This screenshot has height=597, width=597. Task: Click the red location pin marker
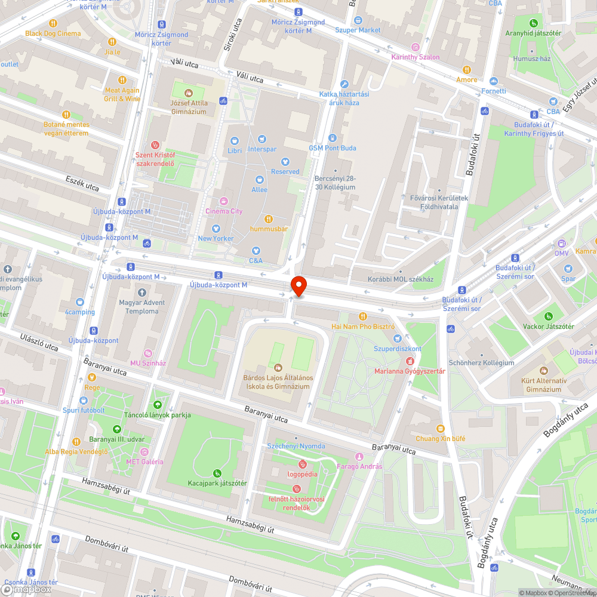[x=297, y=286]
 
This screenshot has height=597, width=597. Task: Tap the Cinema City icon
[x=224, y=201]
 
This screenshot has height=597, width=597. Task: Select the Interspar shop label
[x=262, y=149]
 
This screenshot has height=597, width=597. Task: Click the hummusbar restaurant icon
[x=269, y=219]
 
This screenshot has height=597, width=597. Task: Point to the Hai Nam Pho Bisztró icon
[x=362, y=316]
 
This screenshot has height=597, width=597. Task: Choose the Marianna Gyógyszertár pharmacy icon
[x=410, y=361]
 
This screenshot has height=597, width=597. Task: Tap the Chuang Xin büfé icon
[x=441, y=429]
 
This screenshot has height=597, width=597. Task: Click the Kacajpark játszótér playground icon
[x=217, y=473]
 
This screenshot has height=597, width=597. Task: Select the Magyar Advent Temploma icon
[x=141, y=293]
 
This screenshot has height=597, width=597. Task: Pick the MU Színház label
[x=148, y=363]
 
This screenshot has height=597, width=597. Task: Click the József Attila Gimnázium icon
[x=189, y=93]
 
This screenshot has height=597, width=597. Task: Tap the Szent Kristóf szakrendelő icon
[x=155, y=144]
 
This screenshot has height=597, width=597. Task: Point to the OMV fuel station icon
[x=561, y=244]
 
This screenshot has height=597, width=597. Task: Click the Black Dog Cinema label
[x=53, y=33]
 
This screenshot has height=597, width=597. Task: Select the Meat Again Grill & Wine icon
[x=122, y=79]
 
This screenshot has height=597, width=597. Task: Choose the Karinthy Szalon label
[x=415, y=57]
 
